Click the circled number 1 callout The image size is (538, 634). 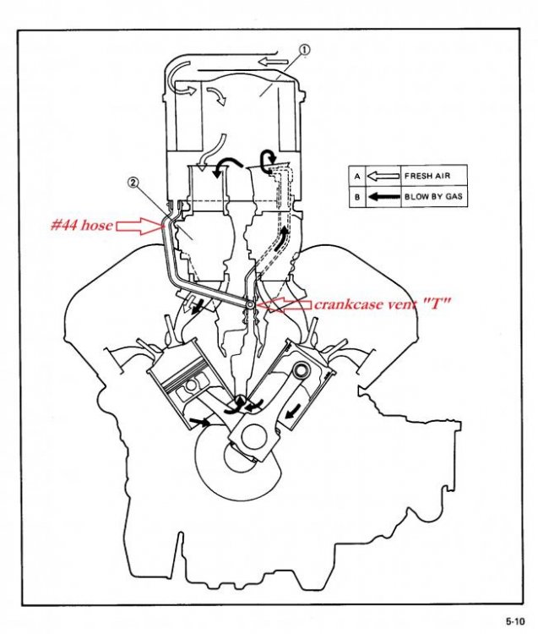coord(305,50)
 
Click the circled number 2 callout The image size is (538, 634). coord(133,181)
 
